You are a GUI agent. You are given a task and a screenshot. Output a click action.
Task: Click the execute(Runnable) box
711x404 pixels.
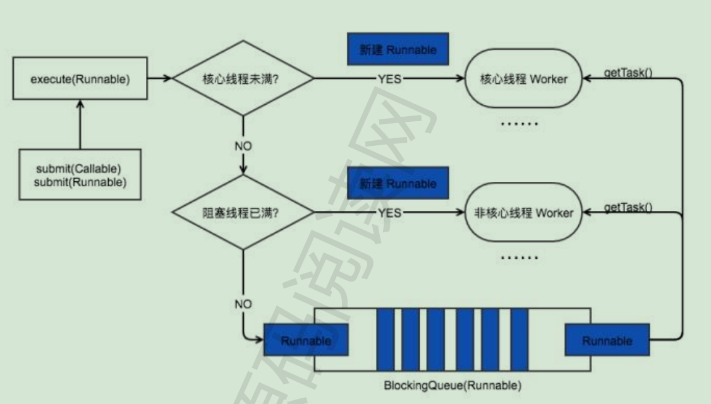pyautogui.click(x=80, y=80)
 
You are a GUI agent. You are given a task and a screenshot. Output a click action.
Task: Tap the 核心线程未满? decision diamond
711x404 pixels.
pyautogui.click(x=243, y=78)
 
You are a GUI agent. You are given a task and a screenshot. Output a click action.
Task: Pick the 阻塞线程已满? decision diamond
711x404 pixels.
pyautogui.click(x=243, y=213)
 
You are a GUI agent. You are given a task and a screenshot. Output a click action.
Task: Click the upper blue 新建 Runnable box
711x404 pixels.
pyautogui.click(x=398, y=50)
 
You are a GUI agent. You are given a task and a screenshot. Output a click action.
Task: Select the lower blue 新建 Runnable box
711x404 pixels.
pyautogui.click(x=398, y=184)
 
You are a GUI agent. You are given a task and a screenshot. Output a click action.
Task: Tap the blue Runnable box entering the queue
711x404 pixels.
pyautogui.click(x=306, y=341)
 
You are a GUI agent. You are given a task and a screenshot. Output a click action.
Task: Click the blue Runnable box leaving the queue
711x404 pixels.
pyautogui.click(x=607, y=341)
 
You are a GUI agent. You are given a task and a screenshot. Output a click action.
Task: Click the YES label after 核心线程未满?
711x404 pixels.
pyautogui.click(x=389, y=79)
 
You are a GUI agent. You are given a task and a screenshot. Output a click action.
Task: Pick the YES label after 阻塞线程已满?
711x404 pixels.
pyautogui.click(x=389, y=213)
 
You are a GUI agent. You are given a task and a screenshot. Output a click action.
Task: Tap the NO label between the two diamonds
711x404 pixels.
pyautogui.click(x=243, y=146)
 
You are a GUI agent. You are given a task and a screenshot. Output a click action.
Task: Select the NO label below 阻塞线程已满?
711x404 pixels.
pyautogui.click(x=243, y=304)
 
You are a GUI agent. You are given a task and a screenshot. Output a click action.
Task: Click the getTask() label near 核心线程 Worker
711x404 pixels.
pyautogui.click(x=628, y=73)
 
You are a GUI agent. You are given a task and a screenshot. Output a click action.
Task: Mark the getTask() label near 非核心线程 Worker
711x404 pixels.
pyautogui.click(x=628, y=208)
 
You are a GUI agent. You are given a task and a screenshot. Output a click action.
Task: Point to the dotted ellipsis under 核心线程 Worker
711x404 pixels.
pyautogui.click(x=520, y=124)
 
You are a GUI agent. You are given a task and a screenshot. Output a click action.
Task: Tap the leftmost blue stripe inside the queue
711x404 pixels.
pyautogui.click(x=385, y=340)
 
